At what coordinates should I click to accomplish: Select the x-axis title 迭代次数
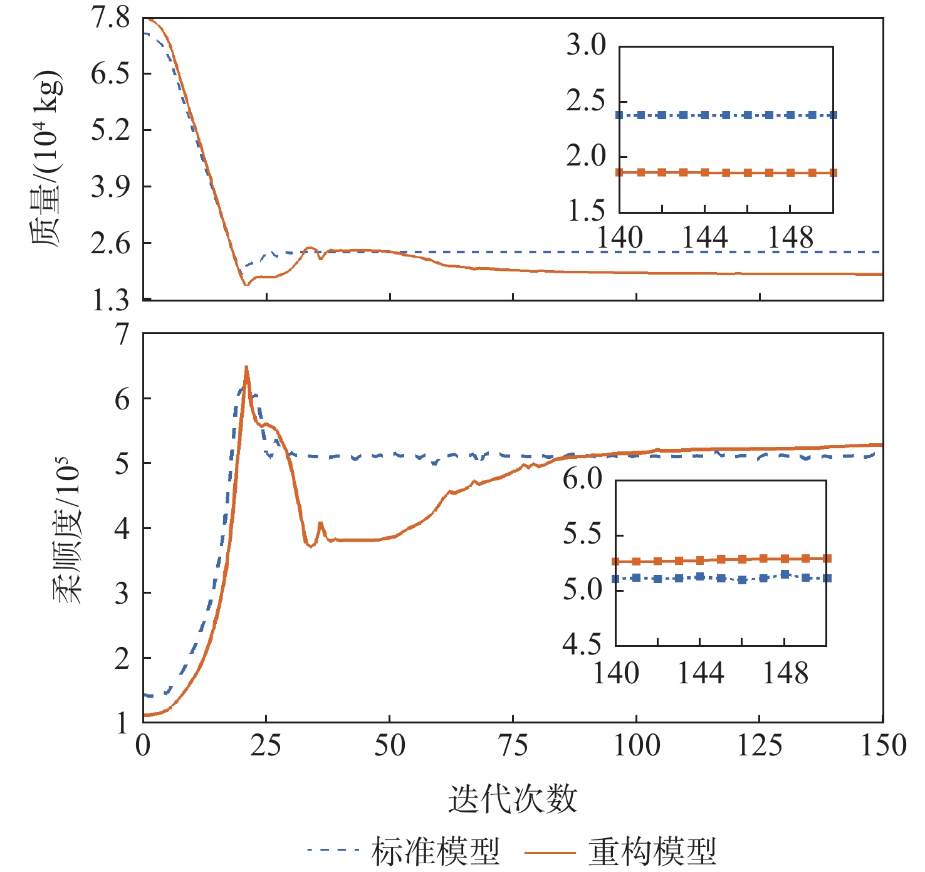(513, 799)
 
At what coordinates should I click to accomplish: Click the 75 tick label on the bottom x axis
(513, 745)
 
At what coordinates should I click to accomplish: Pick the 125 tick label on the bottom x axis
(760, 745)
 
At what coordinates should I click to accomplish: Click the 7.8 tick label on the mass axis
(110, 18)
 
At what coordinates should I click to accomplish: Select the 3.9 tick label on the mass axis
(110, 187)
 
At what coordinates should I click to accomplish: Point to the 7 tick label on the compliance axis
(122, 334)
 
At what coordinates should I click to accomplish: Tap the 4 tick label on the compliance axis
(122, 528)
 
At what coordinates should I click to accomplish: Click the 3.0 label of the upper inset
(586, 45)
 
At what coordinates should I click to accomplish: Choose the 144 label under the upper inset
(705, 238)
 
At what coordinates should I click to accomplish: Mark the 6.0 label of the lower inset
(582, 479)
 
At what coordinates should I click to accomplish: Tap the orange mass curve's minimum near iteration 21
(246, 285)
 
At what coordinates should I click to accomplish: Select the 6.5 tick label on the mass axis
(110, 74)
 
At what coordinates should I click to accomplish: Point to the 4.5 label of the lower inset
(582, 644)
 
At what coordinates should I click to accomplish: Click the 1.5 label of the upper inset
(586, 212)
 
